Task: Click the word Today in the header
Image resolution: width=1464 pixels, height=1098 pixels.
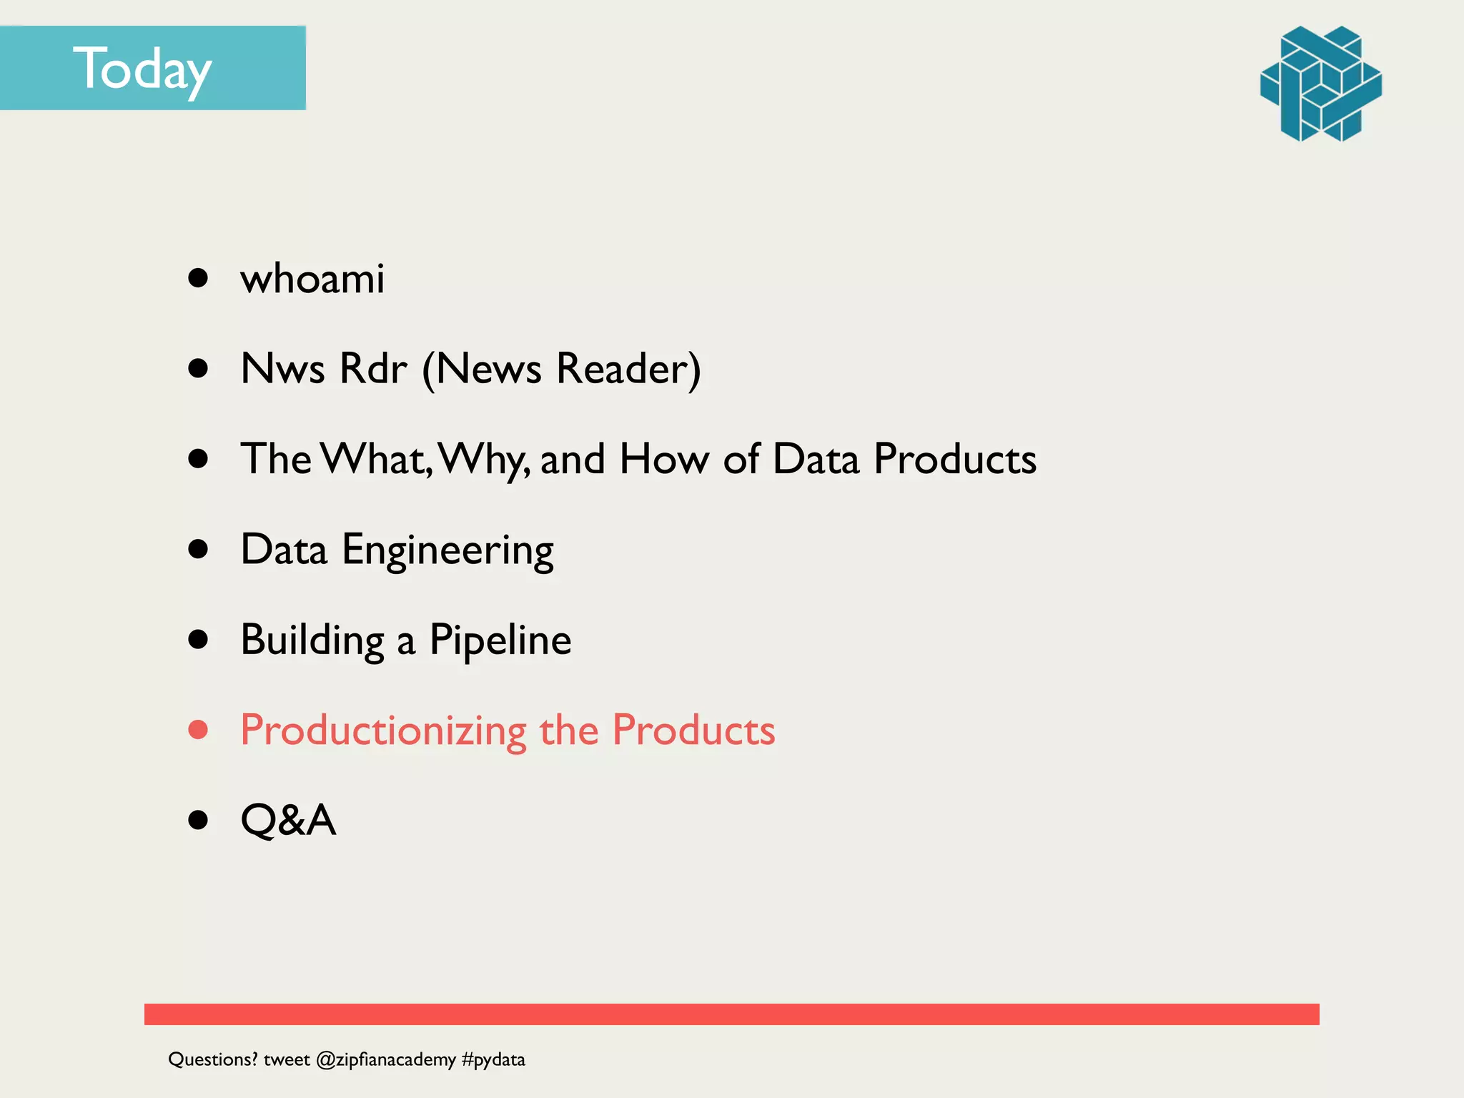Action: [x=142, y=69]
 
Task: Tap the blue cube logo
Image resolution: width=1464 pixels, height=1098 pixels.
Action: [x=1320, y=84]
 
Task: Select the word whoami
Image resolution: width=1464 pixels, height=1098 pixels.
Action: [x=312, y=278]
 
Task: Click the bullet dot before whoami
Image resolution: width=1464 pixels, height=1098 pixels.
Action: [x=198, y=278]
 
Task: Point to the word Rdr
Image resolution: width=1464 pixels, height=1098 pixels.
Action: [x=372, y=369]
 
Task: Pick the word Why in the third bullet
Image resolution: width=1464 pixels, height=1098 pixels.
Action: [x=483, y=459]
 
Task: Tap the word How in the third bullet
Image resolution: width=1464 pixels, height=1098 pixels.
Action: [x=664, y=459]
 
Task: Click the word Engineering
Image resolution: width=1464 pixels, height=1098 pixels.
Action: [x=447, y=550]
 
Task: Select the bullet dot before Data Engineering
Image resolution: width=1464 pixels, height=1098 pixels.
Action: [x=198, y=549]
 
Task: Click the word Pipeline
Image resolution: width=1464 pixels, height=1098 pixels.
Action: [x=500, y=640]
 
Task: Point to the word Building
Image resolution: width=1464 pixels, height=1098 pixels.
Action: [x=312, y=640]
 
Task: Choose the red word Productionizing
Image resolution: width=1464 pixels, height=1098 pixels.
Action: [x=383, y=731]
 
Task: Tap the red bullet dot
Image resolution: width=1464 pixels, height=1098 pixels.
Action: [x=198, y=730]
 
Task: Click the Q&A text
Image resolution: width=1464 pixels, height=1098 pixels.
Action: [x=288, y=820]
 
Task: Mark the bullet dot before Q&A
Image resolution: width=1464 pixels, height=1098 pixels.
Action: [x=198, y=820]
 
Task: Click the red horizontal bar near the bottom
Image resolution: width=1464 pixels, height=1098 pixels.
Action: [x=731, y=1014]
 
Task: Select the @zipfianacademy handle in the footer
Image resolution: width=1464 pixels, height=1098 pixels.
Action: [x=385, y=1059]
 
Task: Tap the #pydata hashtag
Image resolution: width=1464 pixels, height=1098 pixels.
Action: [x=493, y=1059]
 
